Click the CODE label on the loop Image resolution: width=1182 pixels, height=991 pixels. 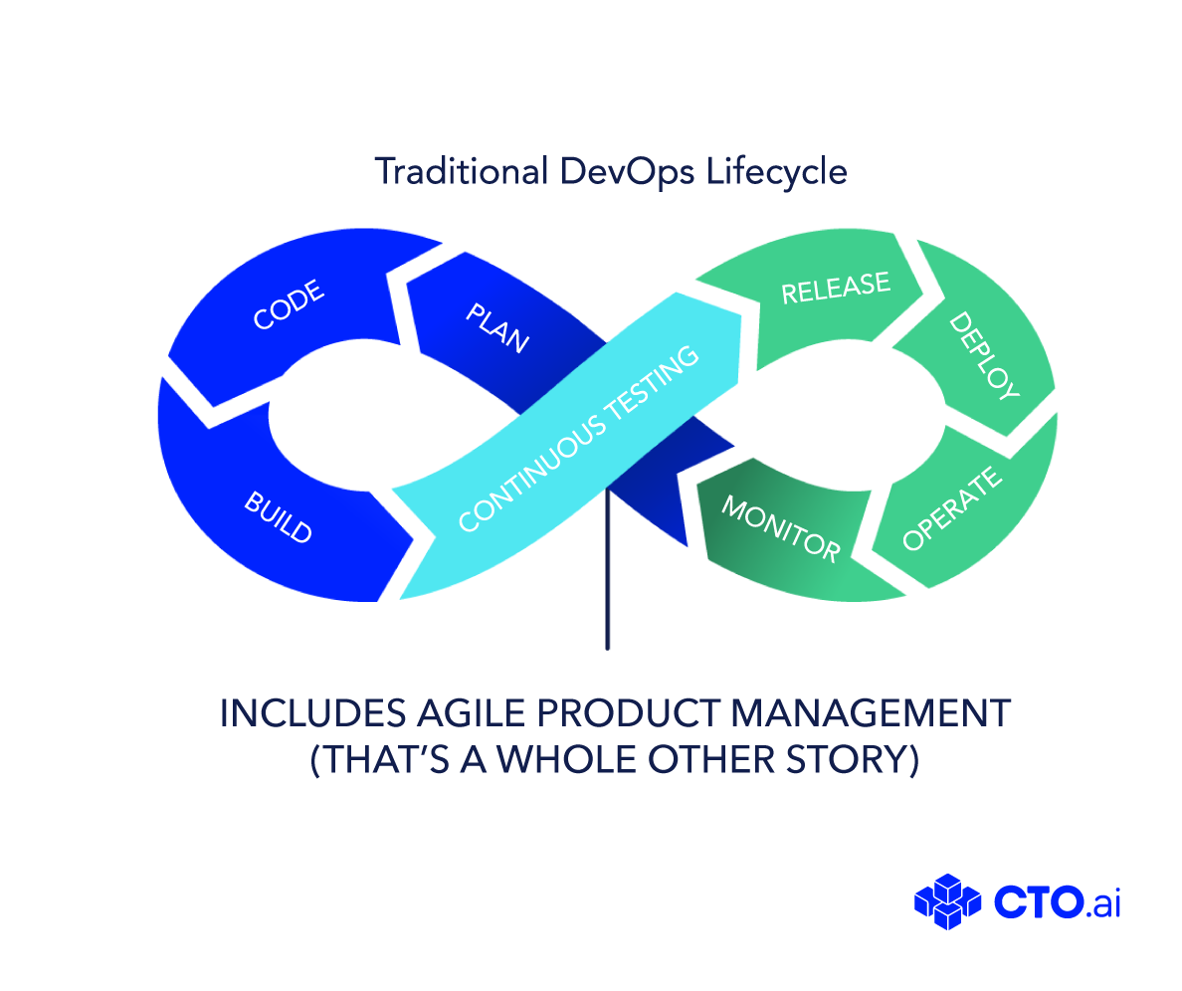tap(289, 304)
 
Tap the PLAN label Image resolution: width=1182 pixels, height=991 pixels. tap(497, 327)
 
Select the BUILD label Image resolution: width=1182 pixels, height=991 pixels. tap(279, 517)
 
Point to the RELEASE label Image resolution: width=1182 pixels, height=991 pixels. tap(836, 288)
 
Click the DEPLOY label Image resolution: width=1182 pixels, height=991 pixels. tap(984, 355)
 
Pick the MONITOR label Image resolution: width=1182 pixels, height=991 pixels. tap(781, 529)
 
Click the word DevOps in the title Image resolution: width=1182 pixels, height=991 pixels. tap(627, 172)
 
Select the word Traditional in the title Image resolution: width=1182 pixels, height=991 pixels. tap(462, 171)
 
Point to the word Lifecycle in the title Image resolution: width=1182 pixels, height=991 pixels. tap(777, 172)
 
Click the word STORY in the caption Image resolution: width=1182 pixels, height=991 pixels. tap(848, 759)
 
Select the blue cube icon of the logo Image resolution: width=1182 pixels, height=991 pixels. tap(947, 901)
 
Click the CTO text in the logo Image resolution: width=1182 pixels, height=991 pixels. tap(1039, 901)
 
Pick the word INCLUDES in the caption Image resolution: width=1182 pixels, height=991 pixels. tap(312, 713)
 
